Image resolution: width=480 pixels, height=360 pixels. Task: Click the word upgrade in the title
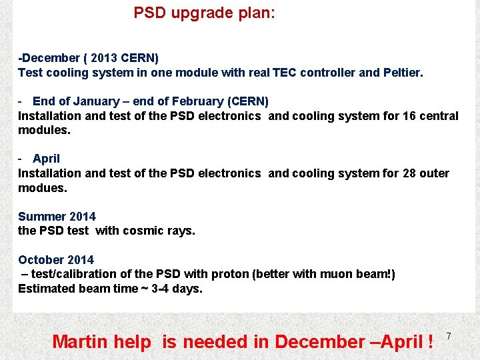(x=197, y=13)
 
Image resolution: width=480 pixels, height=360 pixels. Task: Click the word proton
(x=229, y=274)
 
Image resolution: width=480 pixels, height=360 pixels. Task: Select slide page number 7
(x=449, y=336)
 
